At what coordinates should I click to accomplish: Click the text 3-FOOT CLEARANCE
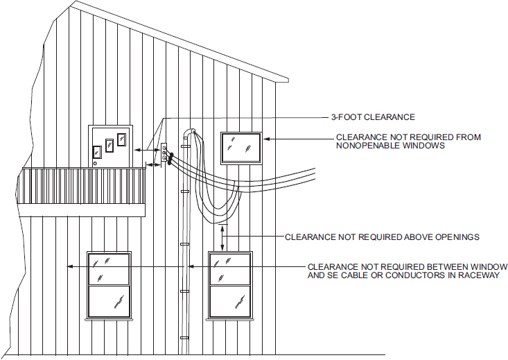373,117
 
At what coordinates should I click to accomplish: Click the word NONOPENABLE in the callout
365,146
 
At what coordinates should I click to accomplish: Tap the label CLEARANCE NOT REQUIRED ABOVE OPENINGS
382,237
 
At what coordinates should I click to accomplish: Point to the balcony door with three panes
110,146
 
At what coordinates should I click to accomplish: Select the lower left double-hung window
109,284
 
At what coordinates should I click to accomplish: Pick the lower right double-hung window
230,284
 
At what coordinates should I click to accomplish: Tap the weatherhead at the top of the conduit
192,132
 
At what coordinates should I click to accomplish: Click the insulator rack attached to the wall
164,155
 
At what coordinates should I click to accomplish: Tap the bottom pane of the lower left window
109,301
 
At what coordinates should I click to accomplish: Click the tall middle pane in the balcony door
109,146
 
